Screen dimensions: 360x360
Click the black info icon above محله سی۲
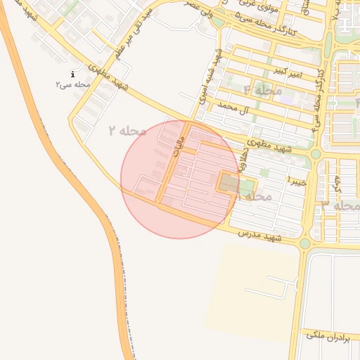pyautogui.click(x=72, y=75)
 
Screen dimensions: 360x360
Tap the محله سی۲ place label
pyautogui.click(x=72, y=84)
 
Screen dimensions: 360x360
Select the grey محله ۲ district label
pyautogui.click(x=127, y=130)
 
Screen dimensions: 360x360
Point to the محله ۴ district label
pyautogui.click(x=262, y=91)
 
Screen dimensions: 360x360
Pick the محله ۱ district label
pyautogui.click(x=254, y=196)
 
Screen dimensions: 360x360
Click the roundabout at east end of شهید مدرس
pyautogui.click(x=304, y=243)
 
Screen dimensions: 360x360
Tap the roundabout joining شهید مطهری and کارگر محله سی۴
pyautogui.click(x=316, y=154)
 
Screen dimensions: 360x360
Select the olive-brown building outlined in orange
pyautogui.click(x=230, y=184)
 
